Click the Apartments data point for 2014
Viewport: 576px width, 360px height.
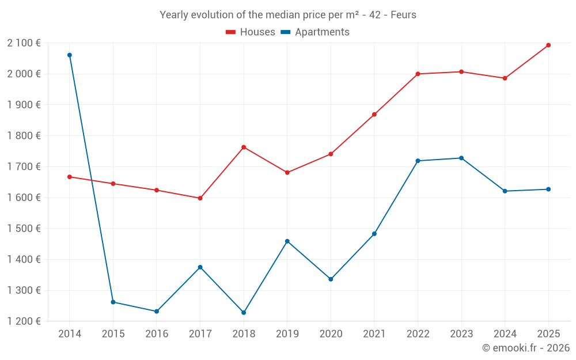click(x=70, y=55)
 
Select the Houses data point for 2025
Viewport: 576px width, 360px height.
click(x=548, y=45)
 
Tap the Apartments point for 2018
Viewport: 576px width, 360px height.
click(x=244, y=313)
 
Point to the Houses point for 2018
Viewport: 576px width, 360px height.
click(x=244, y=147)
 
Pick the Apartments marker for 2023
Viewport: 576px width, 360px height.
click(x=461, y=158)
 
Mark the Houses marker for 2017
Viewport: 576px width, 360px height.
click(x=200, y=198)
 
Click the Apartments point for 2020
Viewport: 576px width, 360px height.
click(x=331, y=279)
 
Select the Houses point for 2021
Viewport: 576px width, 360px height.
click(x=374, y=115)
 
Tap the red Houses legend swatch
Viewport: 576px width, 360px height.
click(x=231, y=32)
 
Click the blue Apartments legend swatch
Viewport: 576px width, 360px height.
click(x=286, y=32)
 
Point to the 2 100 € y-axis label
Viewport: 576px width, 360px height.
click(x=24, y=43)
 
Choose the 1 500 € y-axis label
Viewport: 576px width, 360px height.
click(x=24, y=229)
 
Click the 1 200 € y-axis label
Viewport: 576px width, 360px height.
click(x=24, y=321)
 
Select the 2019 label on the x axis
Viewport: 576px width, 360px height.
click(x=287, y=334)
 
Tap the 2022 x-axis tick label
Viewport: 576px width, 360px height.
click(x=418, y=334)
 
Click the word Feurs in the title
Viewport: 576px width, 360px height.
click(x=403, y=15)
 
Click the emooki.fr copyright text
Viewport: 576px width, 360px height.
click(x=526, y=348)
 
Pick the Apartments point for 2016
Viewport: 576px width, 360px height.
click(x=157, y=312)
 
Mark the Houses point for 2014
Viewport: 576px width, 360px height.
click(x=70, y=177)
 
